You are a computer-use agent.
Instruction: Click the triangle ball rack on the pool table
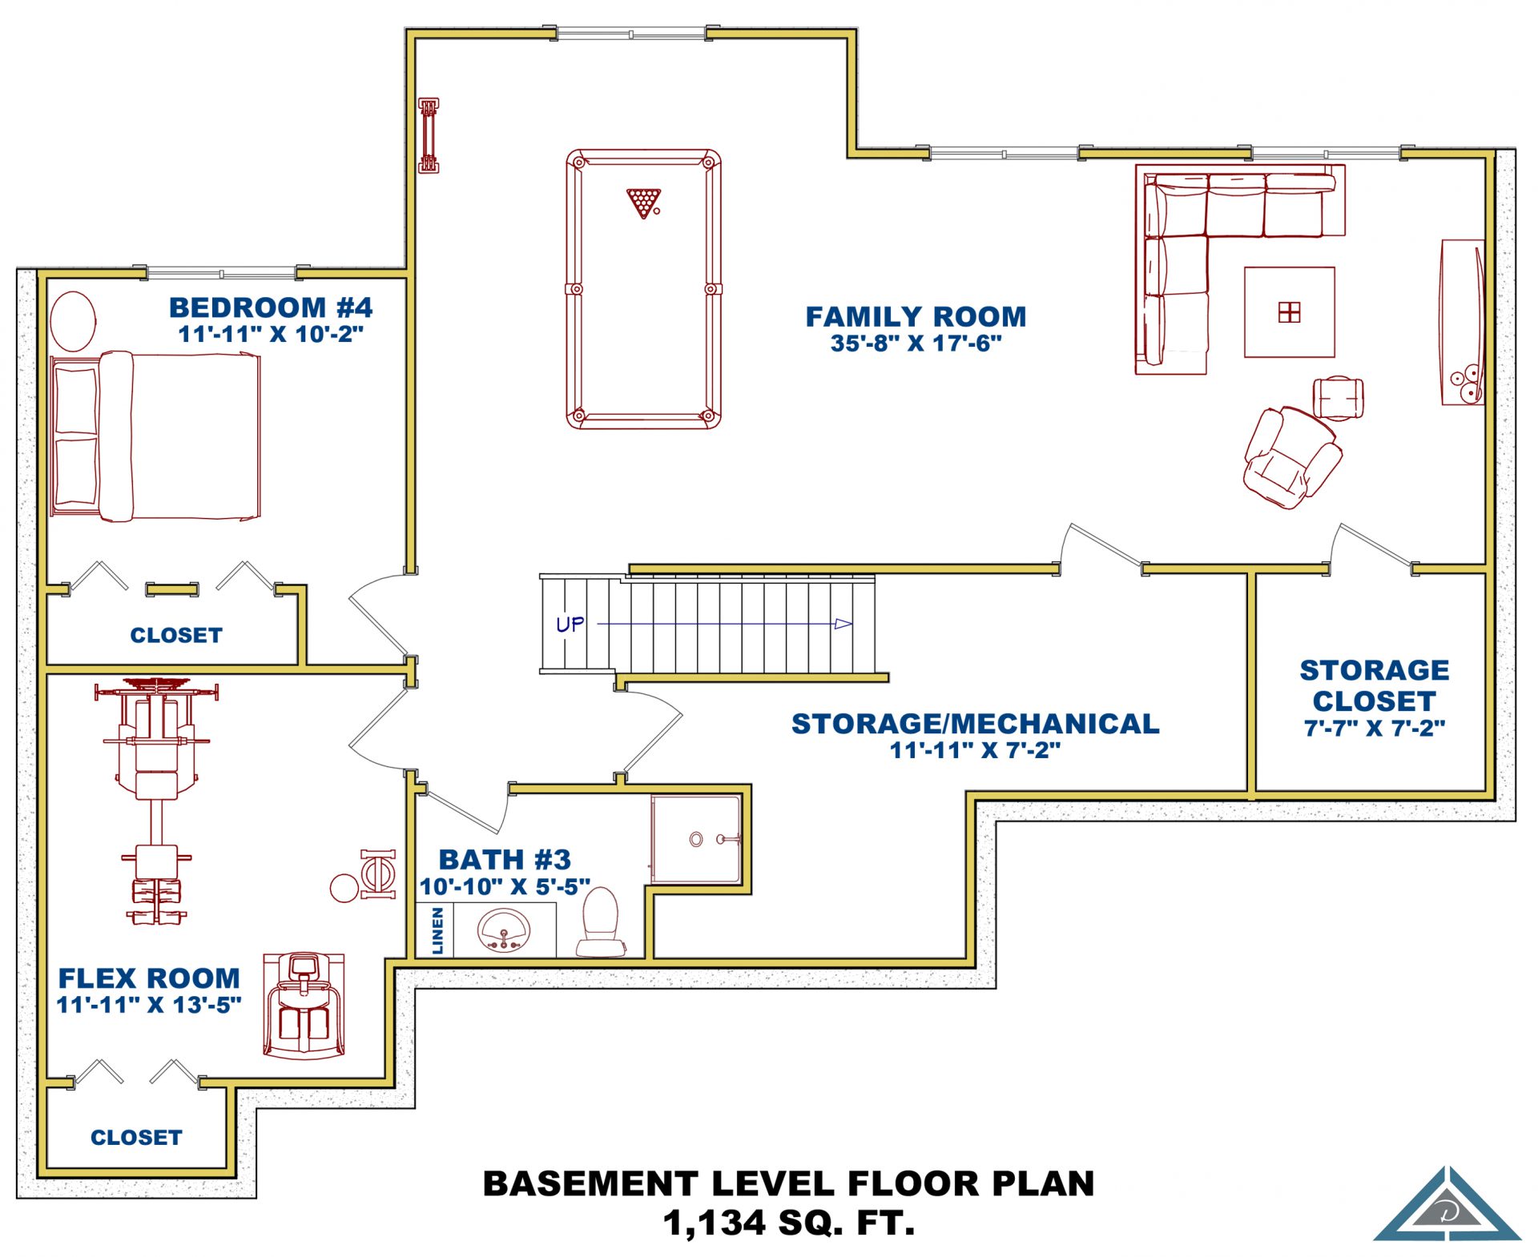643,202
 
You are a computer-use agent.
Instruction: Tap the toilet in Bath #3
601,922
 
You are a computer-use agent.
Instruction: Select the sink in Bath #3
504,930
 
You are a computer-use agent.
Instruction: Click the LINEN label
437,930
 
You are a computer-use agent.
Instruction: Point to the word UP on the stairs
570,624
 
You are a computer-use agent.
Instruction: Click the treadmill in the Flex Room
304,1006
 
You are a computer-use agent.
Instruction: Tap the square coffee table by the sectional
1289,311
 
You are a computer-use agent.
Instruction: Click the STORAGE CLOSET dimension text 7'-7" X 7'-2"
1375,728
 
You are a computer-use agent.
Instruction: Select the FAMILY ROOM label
916,316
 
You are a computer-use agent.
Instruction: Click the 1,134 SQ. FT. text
789,1223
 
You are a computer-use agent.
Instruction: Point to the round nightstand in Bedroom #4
73,321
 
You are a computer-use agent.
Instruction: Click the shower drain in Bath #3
696,839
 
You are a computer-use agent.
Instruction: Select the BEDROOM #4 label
271,307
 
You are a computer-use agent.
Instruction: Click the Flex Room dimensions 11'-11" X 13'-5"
149,1004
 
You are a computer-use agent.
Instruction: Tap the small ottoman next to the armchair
1338,398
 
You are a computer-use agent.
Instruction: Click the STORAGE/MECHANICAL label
976,723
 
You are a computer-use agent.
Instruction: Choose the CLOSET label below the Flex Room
136,1137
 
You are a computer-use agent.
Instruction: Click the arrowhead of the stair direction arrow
843,624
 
